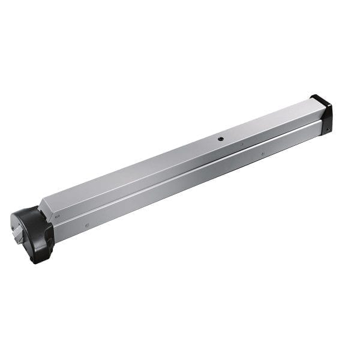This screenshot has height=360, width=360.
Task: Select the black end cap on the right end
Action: pyautogui.click(x=323, y=113)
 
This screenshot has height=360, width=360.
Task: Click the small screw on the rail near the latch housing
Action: pyautogui.click(x=88, y=226)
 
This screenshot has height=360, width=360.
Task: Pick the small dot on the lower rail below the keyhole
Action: pyautogui.click(x=262, y=154)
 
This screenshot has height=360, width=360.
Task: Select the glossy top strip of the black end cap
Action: pyautogui.click(x=319, y=98)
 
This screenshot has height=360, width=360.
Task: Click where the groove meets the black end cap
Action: pyautogui.click(x=322, y=121)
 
